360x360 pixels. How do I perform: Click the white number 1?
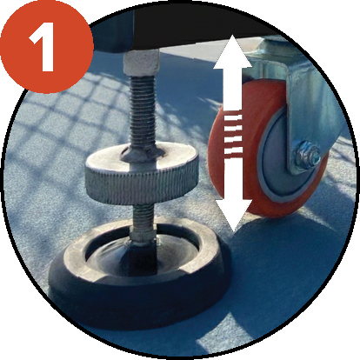[43, 47]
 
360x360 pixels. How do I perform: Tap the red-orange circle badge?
[46, 46]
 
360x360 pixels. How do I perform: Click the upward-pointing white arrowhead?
[232, 52]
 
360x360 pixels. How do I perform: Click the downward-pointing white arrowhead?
[232, 215]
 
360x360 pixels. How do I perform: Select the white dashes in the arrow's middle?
[233, 134]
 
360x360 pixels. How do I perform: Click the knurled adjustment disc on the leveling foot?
[142, 174]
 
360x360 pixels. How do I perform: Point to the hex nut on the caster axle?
[307, 155]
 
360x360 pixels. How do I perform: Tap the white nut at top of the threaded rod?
[142, 63]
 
